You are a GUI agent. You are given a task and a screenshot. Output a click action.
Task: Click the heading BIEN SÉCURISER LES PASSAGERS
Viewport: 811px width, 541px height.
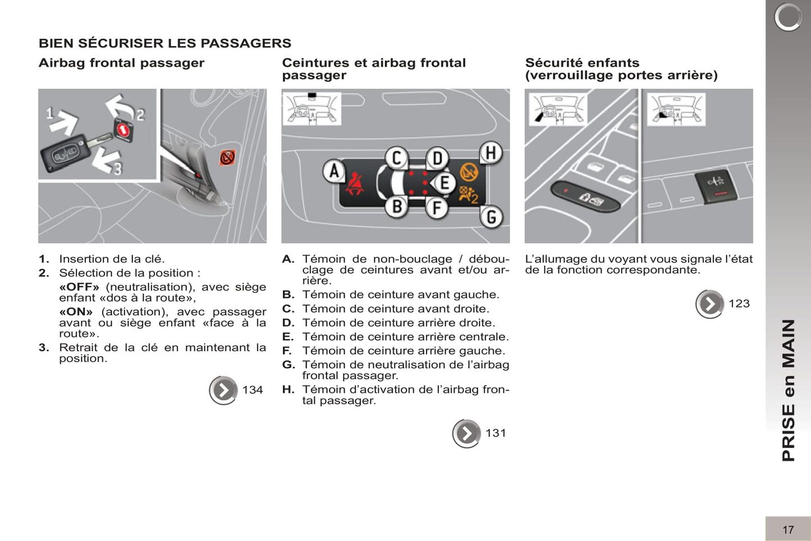coord(165,43)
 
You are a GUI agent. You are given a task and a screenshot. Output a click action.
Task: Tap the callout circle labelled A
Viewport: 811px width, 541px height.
coord(334,171)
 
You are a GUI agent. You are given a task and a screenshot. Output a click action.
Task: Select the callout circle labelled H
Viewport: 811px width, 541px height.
coord(491,153)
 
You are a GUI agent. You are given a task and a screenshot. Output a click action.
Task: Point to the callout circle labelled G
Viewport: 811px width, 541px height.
coord(491,217)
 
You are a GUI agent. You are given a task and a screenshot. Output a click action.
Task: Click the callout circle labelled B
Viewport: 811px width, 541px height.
coord(396,207)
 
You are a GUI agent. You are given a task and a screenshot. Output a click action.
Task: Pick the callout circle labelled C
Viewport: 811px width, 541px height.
coord(396,158)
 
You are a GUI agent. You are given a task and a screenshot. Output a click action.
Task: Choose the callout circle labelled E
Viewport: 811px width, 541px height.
coord(445,183)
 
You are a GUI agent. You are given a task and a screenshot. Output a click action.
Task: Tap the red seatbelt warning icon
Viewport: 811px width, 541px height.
coord(355,184)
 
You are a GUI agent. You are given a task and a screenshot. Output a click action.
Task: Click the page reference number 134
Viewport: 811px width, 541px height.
coord(253,390)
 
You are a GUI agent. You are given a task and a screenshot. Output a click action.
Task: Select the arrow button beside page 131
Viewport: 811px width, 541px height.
coord(466,433)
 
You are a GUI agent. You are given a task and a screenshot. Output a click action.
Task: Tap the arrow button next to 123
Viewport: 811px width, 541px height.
coord(709,304)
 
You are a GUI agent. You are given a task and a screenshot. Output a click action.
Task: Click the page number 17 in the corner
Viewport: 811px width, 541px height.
coord(788,529)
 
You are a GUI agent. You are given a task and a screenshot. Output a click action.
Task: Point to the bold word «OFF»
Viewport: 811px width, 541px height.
coord(79,287)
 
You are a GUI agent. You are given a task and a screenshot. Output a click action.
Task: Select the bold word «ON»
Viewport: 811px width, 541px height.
coord(76,311)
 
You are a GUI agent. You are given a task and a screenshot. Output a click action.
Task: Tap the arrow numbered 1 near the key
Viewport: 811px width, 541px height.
coord(65,121)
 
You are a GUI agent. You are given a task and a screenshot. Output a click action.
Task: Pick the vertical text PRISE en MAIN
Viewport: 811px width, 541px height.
coord(789,390)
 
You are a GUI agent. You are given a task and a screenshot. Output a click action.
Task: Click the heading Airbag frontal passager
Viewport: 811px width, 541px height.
coord(121,63)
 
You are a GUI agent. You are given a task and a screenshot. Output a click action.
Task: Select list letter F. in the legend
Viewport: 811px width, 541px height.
coord(287,351)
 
